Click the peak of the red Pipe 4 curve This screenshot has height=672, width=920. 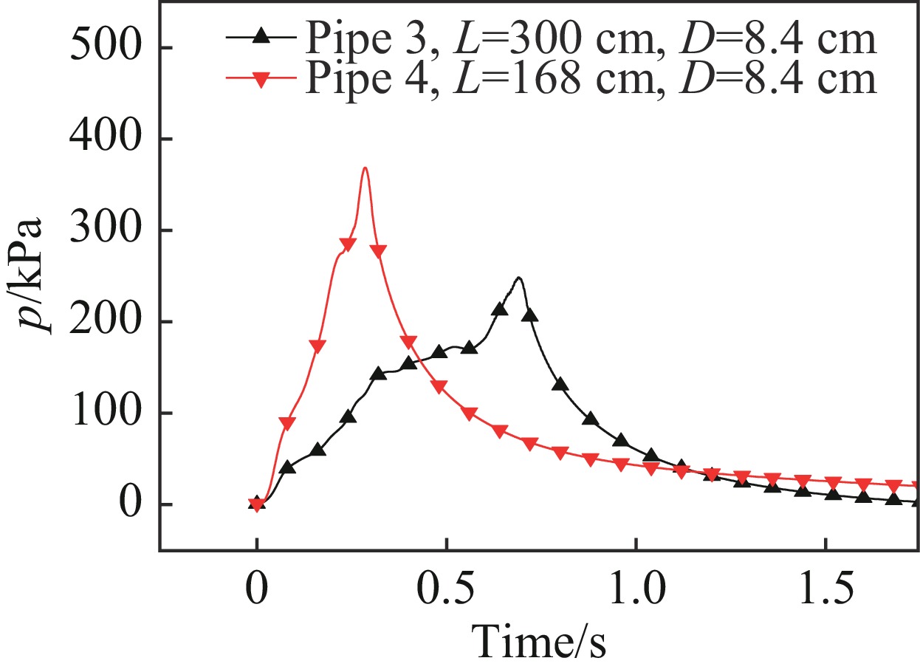point(365,168)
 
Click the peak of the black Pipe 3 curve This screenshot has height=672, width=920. point(519,278)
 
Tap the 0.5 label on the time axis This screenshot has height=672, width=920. point(446,592)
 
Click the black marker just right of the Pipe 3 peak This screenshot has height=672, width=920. point(529,315)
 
